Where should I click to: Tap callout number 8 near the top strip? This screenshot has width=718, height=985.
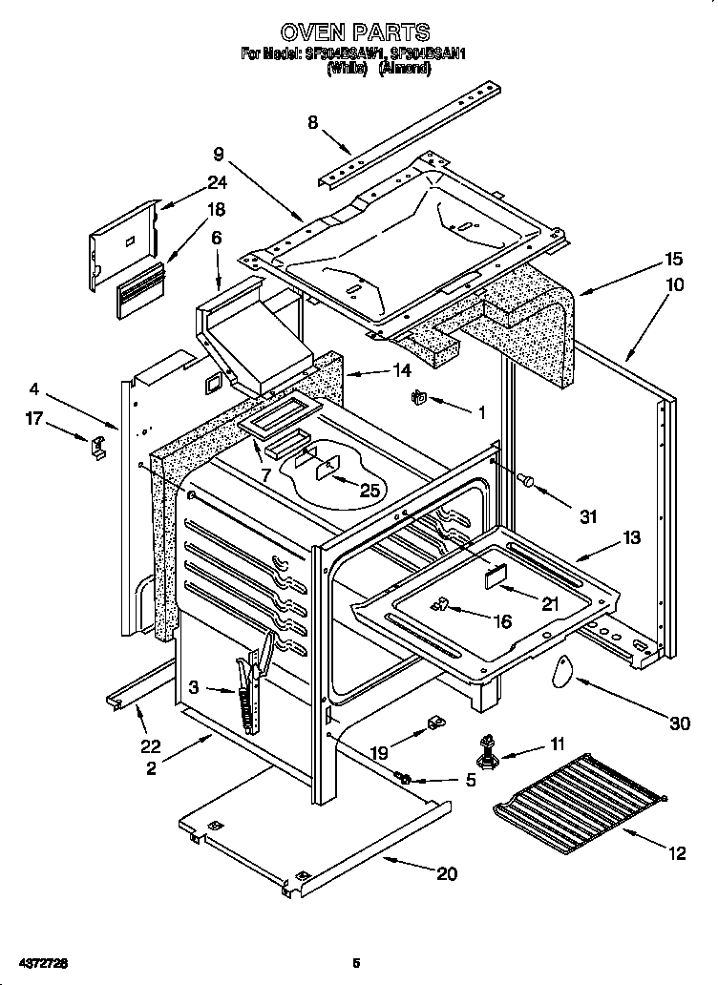click(312, 122)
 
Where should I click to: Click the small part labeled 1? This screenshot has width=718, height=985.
click(417, 398)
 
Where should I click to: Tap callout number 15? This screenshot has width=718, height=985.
click(673, 259)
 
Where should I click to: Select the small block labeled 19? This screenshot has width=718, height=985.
click(433, 721)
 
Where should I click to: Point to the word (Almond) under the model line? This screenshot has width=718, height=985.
click(405, 70)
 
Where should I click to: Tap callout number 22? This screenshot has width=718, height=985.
click(151, 746)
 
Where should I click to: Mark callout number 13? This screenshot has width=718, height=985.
click(631, 537)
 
